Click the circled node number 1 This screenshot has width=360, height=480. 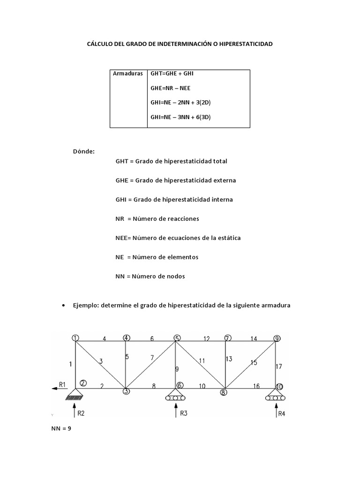[x=76, y=337]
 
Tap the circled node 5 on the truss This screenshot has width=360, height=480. [x=177, y=338]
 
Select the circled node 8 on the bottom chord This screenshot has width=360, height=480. [x=223, y=392]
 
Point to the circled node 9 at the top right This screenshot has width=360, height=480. [x=277, y=338]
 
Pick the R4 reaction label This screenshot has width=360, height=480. [x=282, y=413]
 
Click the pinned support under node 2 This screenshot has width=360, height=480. [x=75, y=397]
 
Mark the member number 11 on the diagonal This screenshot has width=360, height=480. [x=202, y=361]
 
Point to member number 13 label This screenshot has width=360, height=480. [x=229, y=359]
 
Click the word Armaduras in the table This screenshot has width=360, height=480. [x=127, y=74]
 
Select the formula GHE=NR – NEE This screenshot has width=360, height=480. [x=171, y=88]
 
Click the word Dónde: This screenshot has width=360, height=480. [x=84, y=151]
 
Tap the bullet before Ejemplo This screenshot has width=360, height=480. [x=63, y=306]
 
